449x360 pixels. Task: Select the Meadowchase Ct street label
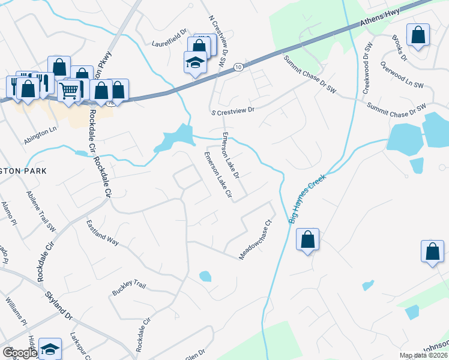click(256, 239)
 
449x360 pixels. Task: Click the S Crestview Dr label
click(234, 111)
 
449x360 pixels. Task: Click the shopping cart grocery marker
click(70, 91)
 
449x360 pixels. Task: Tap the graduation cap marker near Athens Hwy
click(194, 62)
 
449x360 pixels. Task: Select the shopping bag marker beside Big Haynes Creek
click(307, 240)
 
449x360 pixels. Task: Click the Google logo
click(19, 353)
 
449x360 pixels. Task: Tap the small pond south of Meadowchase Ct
click(205, 277)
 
